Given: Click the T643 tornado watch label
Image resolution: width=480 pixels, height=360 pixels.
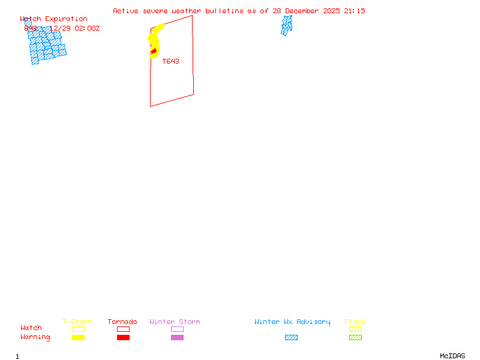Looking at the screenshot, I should pyautogui.click(x=170, y=61).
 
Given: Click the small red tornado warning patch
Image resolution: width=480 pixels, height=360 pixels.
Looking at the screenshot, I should pyautogui.click(x=154, y=52).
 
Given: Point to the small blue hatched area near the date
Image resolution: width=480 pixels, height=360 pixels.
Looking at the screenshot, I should pyautogui.click(x=287, y=25).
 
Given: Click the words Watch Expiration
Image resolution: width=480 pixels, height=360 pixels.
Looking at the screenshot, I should pyautogui.click(x=53, y=19).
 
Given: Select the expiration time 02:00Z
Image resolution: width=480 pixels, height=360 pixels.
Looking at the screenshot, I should pyautogui.click(x=87, y=28).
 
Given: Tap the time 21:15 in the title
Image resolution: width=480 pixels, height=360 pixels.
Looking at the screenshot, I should pyautogui.click(x=355, y=11).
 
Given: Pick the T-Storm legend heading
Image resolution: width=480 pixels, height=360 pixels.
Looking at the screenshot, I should pyautogui.click(x=77, y=322).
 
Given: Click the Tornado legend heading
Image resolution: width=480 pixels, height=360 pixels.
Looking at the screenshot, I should pyautogui.click(x=122, y=322).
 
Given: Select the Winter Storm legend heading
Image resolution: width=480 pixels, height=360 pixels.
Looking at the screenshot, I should pyautogui.click(x=175, y=322).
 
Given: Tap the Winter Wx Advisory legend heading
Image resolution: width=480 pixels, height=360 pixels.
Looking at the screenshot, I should pyautogui.click(x=292, y=322).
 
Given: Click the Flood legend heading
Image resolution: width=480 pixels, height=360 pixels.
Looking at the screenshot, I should pyautogui.click(x=355, y=322).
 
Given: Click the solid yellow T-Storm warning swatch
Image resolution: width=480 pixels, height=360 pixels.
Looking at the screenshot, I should pyautogui.click(x=78, y=338).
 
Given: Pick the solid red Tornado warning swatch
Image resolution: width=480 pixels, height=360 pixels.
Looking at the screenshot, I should pyautogui.click(x=123, y=338).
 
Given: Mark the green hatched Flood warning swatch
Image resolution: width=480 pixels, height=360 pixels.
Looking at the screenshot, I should pyautogui.click(x=355, y=338).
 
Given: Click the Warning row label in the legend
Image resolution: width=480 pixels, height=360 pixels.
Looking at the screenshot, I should pyautogui.click(x=35, y=337).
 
